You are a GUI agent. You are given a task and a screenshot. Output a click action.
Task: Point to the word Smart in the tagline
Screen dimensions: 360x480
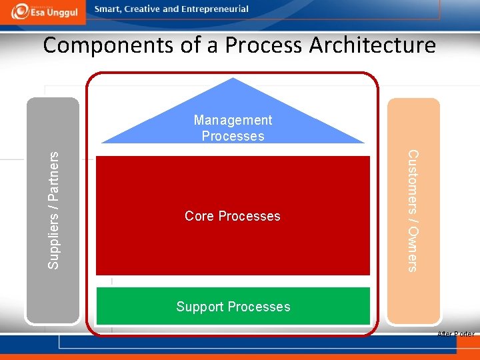[x=109, y=9]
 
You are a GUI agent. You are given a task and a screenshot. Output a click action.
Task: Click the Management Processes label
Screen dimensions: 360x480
[x=233, y=128]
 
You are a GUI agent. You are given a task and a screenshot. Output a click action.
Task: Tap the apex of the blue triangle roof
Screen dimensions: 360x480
[x=233, y=79]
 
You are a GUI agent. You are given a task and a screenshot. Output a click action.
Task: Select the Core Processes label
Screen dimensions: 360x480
[x=233, y=216]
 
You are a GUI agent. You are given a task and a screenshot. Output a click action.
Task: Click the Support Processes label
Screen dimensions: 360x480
[x=233, y=307]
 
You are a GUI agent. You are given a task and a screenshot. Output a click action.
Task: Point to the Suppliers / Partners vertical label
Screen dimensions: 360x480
[x=53, y=209]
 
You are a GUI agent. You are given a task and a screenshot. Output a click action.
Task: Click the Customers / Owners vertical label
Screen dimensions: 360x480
[x=413, y=211]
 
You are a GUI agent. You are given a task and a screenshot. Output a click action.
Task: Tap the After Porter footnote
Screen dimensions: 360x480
[x=455, y=334]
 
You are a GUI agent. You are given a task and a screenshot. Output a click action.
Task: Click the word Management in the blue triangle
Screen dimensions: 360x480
[x=233, y=120]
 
